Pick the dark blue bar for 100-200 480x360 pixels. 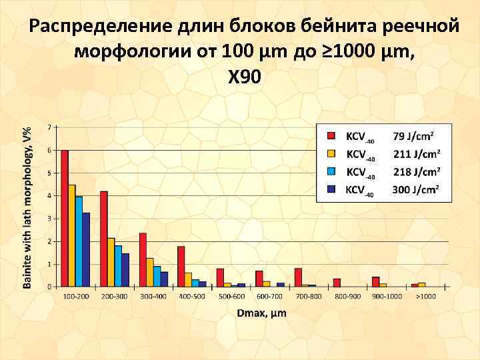pos(86,249)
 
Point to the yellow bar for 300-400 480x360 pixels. pos(150,272)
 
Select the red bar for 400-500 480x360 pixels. pos(181,267)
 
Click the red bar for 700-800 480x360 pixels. pos(298,277)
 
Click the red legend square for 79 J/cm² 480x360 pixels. pos(330,136)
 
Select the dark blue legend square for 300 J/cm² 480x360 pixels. pos(330,189)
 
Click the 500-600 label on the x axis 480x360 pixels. pos(231,295)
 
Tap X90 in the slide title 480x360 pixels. pos(244,77)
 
